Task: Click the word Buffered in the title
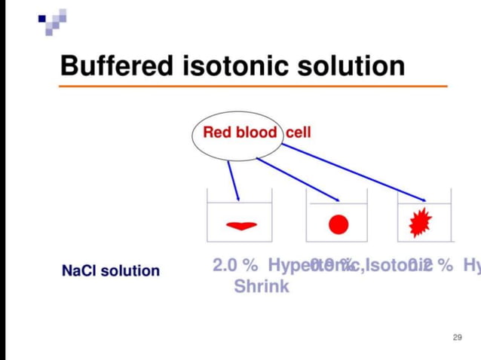[x=118, y=66]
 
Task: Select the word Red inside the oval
[x=218, y=133]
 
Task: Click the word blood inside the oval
[x=256, y=133]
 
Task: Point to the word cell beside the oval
[x=298, y=133]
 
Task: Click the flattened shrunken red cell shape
[x=242, y=224]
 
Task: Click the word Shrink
[x=261, y=287]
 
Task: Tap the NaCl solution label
[x=110, y=270]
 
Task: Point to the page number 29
[x=457, y=337]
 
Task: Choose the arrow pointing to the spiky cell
[x=354, y=173]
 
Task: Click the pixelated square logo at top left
[x=53, y=21]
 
